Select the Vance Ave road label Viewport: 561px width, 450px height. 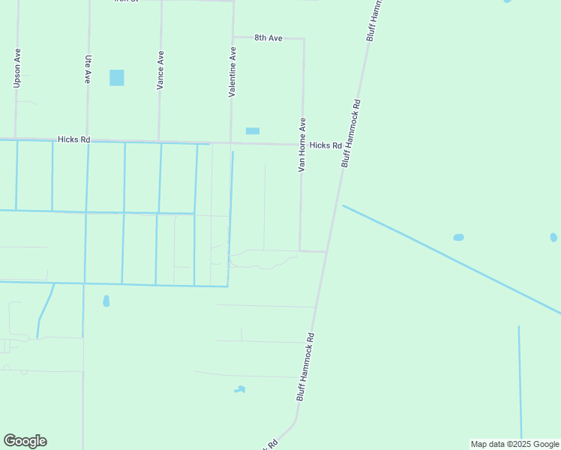(160, 71)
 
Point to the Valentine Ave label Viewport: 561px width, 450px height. (232, 71)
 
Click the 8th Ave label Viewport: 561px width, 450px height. (268, 37)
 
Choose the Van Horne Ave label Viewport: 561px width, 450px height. (302, 145)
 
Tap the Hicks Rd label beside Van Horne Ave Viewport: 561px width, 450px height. (325, 145)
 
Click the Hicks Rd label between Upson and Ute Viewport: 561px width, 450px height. (73, 139)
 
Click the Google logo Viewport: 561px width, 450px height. (25, 441)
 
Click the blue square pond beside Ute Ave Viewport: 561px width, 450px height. (116, 77)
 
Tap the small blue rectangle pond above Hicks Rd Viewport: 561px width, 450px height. (253, 130)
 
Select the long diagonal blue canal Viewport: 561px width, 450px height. (450, 259)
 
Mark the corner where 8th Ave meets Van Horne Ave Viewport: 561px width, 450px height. (304, 38)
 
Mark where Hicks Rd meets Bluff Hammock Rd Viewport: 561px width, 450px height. (347, 145)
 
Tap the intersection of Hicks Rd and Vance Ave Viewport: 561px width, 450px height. (159, 141)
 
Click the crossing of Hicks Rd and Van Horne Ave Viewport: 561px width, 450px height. (302, 144)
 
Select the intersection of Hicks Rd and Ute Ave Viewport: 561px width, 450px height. (88, 139)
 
